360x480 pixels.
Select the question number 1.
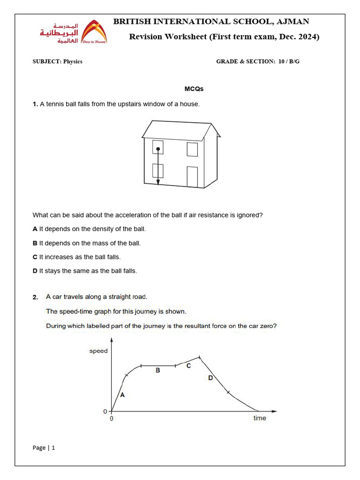pos(35,104)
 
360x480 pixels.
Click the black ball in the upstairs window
pos(158,149)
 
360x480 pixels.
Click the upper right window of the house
pos(192,149)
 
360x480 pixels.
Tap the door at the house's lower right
pos(192,177)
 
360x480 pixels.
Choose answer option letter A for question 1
pos(35,229)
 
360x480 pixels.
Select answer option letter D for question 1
pos(35,271)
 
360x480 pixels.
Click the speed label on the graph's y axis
pos(98,351)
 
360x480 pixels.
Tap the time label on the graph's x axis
pos(260,418)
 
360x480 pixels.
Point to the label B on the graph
pos(158,370)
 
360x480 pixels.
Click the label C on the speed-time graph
pos(188,366)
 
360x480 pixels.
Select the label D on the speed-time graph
pos(210,378)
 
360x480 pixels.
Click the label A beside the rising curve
pos(122,395)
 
